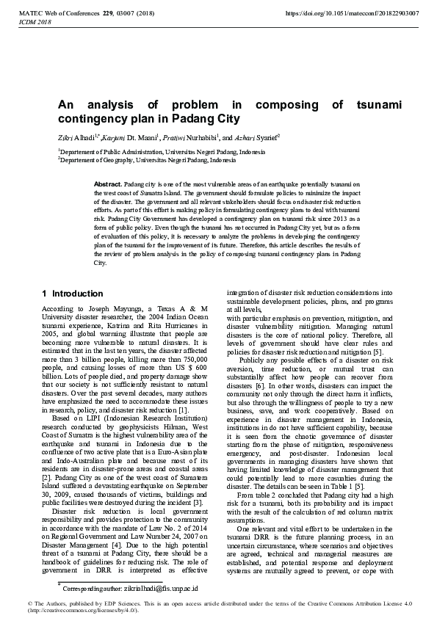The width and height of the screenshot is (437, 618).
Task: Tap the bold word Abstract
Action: tap(107, 182)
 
